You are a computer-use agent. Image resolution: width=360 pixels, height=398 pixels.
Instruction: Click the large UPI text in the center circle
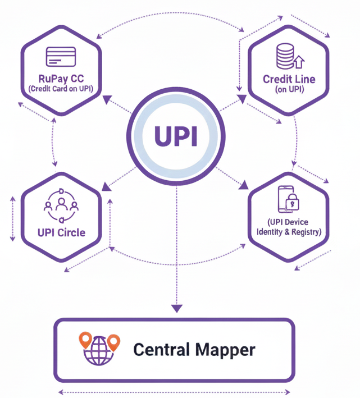(x=176, y=136)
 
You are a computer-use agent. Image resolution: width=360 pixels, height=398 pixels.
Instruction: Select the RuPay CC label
(x=61, y=79)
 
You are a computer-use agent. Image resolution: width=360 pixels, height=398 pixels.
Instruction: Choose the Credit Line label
(x=289, y=79)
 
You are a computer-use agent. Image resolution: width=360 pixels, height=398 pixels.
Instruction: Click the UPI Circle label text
(x=61, y=232)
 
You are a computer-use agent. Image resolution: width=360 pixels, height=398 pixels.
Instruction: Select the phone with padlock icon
(x=287, y=200)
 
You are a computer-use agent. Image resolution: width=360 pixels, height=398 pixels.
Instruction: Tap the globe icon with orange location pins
(x=100, y=349)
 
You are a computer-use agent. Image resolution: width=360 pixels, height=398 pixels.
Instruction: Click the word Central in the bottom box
(x=161, y=350)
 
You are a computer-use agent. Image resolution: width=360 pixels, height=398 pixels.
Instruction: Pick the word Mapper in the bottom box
(x=225, y=350)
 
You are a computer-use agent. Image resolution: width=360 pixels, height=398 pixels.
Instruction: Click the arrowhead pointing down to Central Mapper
(x=176, y=308)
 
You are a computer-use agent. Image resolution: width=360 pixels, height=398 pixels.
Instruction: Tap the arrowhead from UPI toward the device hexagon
(x=245, y=185)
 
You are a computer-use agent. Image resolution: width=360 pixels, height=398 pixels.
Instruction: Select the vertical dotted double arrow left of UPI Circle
(x=12, y=219)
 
